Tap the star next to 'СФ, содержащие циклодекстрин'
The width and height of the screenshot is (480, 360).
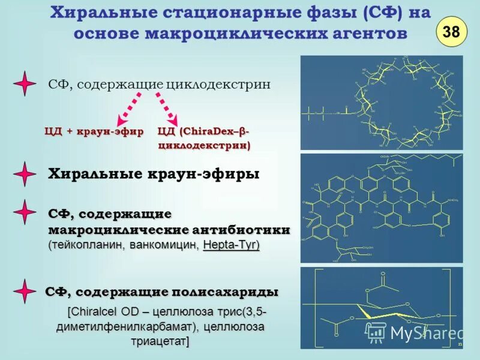[x=25, y=84]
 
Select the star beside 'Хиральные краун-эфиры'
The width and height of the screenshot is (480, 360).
[x=25, y=174]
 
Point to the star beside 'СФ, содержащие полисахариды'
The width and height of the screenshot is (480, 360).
[x=25, y=291]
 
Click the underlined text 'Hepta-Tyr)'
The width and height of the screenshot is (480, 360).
[x=232, y=245]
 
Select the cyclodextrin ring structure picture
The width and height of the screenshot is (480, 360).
[x=381, y=102]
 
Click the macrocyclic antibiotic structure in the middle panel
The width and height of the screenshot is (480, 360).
[x=381, y=207]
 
